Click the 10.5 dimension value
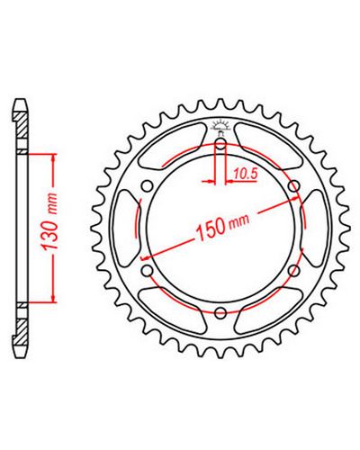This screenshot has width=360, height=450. coord(246,174)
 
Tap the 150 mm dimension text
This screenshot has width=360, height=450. coord(222,226)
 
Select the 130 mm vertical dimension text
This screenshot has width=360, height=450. coord(49,222)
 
